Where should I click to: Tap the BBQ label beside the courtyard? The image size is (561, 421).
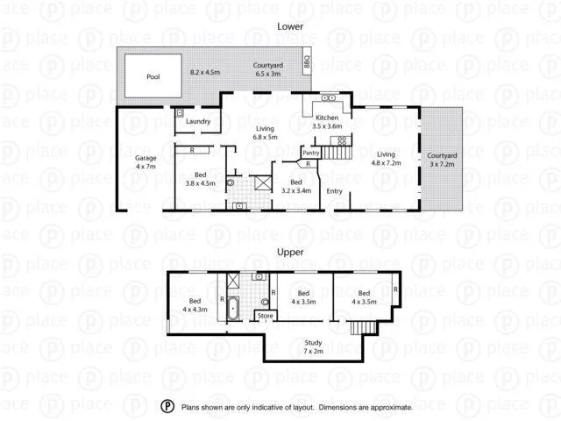pos(308,62)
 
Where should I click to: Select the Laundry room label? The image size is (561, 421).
pos(197,121)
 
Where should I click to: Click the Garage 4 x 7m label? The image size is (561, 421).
pos(145,162)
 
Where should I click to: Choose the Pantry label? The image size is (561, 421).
pos(310,153)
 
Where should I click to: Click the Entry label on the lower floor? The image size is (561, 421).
pos(335,191)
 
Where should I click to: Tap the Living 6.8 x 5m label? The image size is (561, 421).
pos(265,133)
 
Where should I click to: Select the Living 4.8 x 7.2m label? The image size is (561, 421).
pos(386,157)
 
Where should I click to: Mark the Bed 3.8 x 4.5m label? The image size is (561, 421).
pos(200,179)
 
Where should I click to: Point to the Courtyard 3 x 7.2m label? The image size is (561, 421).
pos(444,160)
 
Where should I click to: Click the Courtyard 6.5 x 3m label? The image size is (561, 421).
pos(267,70)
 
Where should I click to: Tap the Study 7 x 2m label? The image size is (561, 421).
pos(313,346)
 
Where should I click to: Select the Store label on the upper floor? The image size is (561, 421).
pos(266,316)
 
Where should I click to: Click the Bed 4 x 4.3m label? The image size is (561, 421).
pos(195,304)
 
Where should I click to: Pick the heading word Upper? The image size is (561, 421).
pos(289,252)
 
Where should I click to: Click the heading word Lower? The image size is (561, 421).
pos(290,26)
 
